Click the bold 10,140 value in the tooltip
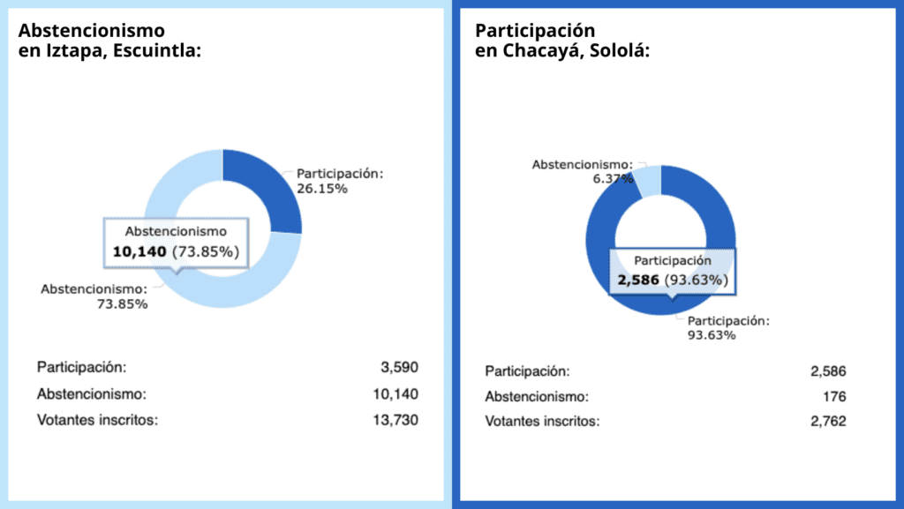(x=139, y=251)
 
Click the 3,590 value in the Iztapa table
(x=399, y=367)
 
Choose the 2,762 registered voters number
(x=828, y=422)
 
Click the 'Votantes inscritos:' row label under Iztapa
(x=97, y=420)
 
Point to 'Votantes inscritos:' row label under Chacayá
(x=542, y=422)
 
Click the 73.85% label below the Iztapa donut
(x=123, y=304)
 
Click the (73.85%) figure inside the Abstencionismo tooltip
(x=205, y=251)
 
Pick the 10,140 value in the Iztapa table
(x=395, y=393)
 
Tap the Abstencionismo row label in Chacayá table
(x=537, y=396)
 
